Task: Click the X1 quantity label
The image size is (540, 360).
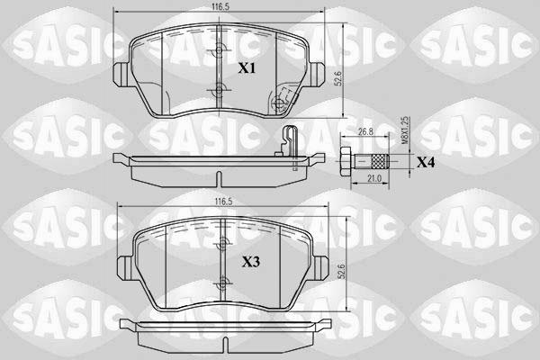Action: [x=247, y=68]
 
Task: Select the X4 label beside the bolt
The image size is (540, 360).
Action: [x=427, y=163]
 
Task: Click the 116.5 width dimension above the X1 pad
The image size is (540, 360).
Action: [x=217, y=6]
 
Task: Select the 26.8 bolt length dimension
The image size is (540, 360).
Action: [x=364, y=132]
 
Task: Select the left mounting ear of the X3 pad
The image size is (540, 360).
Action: [x=123, y=266]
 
